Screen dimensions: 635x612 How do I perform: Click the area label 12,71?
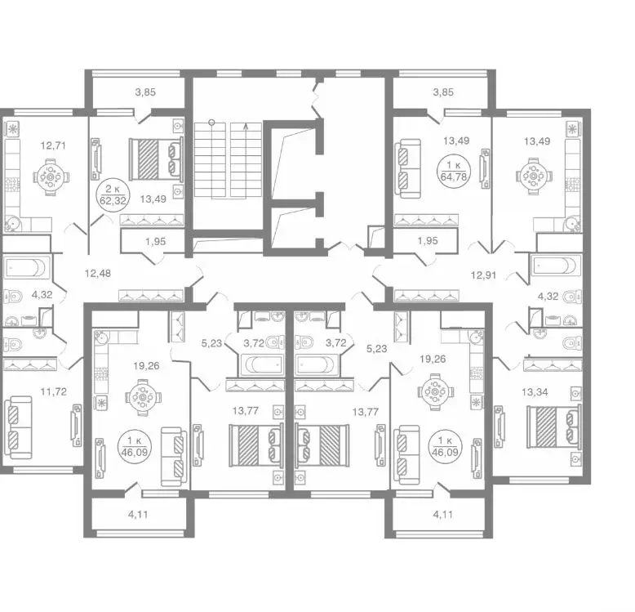coord(53,145)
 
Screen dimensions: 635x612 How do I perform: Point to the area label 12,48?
coord(98,274)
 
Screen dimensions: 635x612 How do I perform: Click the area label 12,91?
coord(483,275)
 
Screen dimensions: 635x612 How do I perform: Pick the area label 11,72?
coord(53,392)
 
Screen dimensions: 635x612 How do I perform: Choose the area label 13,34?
coord(535,392)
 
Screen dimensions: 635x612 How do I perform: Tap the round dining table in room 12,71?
coord(51,177)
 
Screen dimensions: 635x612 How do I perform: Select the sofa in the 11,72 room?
coord(17,427)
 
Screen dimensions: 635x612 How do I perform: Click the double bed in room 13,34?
coord(553,427)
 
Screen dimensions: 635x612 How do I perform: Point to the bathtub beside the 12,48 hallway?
coord(27,267)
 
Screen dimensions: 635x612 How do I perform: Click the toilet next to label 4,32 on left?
coord(12,297)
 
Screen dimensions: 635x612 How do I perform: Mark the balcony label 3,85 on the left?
coord(145,92)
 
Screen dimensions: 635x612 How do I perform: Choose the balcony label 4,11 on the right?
coord(442,515)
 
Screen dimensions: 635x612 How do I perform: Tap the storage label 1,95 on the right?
coord(428,241)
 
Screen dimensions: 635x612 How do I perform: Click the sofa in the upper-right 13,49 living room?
coord(408,168)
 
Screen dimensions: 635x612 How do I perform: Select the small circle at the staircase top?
coord(211,122)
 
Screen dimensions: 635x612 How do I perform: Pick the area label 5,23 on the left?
coord(211,343)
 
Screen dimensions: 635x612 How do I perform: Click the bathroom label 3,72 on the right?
coord(335,343)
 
